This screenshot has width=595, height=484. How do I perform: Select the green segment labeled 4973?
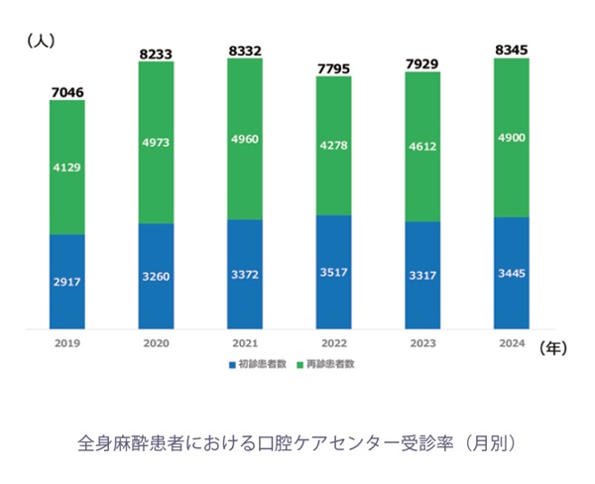(156, 142)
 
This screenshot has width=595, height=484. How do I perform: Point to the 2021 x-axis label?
(244, 343)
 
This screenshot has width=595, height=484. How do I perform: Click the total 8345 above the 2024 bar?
(511, 49)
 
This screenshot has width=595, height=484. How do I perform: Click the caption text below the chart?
(297, 440)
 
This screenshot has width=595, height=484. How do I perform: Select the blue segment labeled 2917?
(66, 282)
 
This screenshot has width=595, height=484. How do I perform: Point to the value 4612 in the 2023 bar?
(421, 146)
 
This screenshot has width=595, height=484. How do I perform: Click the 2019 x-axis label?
(66, 343)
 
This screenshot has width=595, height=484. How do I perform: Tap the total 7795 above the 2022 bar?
(333, 66)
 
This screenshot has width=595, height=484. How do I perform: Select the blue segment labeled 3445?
(511, 273)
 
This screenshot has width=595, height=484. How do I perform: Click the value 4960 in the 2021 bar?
(244, 139)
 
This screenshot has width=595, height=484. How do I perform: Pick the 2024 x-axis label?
(511, 343)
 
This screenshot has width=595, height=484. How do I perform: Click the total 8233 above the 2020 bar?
(156, 53)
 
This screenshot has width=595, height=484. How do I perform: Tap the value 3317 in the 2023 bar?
(421, 275)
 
